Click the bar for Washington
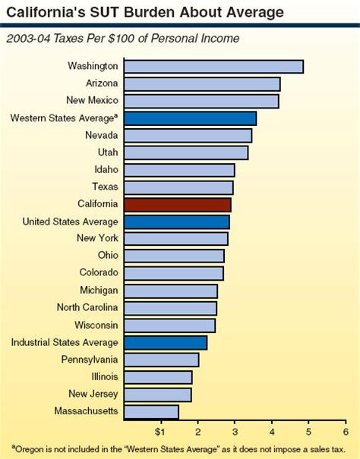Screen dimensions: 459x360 (213, 66)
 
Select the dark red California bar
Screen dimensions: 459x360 (176, 204)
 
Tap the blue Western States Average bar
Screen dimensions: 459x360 (189, 118)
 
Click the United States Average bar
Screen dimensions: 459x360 (175, 222)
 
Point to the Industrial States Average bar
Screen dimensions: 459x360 (165, 342)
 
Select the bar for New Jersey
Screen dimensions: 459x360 (156, 394)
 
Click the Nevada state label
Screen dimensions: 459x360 (102, 135)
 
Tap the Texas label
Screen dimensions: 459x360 (105, 187)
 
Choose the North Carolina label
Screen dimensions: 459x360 (87, 307)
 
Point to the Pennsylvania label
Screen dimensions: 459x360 (90, 359)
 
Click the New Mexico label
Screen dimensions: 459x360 (93, 101)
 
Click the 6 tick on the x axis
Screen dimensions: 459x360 (346, 432)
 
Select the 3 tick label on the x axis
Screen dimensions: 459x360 (234, 432)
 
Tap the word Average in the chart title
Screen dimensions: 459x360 (252, 12)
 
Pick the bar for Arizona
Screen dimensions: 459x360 (201, 83)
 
